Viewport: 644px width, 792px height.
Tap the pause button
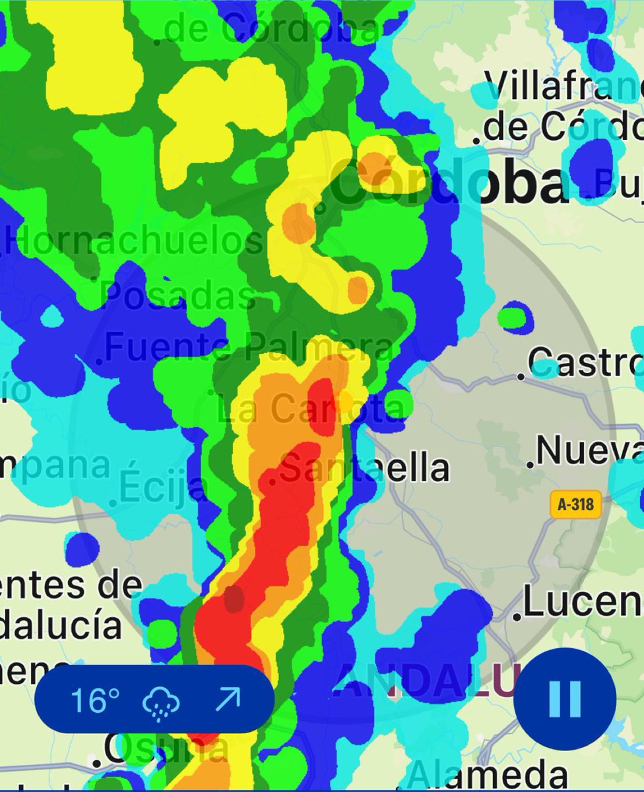(x=565, y=698)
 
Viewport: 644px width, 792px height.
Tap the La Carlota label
(x=310, y=409)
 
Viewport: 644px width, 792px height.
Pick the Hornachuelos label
(x=135, y=242)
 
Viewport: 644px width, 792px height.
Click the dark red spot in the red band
(x=234, y=599)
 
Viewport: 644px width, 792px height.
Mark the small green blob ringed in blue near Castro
(x=515, y=317)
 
